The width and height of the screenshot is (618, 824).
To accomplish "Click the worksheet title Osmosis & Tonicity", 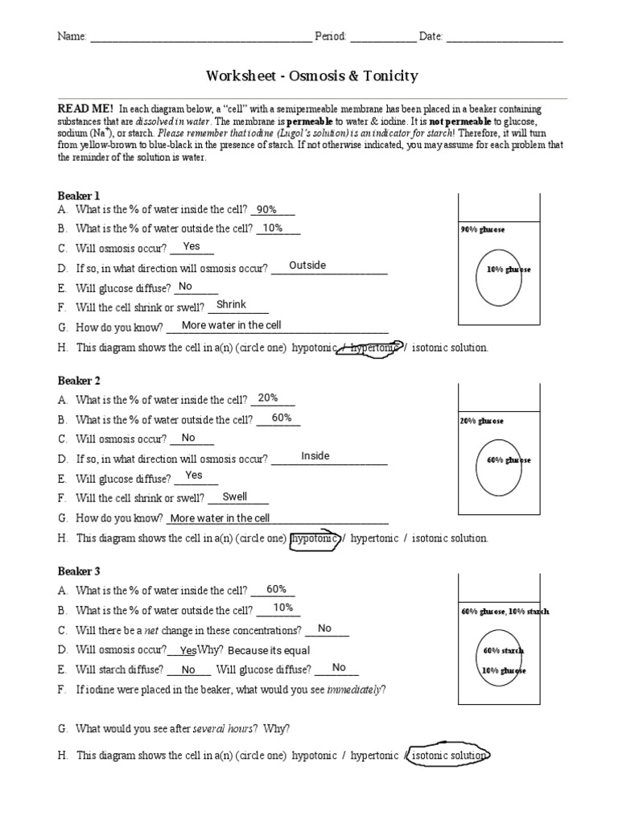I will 312,76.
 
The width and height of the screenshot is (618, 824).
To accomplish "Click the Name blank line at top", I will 200,37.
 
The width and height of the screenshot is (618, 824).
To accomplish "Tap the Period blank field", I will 383,37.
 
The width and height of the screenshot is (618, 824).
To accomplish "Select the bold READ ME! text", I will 85,109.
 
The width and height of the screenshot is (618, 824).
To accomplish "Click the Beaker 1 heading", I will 79,196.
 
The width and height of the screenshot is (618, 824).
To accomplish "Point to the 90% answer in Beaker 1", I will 266,209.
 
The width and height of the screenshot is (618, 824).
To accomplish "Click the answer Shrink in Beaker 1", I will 232,305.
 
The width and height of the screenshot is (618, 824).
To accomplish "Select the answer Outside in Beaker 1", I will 307,266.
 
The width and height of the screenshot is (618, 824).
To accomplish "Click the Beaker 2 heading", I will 79,381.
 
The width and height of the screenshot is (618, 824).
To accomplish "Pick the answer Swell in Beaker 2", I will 234,496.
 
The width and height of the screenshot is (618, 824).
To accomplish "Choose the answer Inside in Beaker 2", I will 315,456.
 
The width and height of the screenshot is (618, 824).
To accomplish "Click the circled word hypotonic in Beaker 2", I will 315,538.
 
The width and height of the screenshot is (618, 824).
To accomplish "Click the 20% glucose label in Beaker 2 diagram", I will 482,421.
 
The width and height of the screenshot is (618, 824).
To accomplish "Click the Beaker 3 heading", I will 79,571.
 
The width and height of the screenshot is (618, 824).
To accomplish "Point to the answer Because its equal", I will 269,650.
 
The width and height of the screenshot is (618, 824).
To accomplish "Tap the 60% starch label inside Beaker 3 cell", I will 504,650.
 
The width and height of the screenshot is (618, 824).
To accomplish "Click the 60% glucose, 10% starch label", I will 505,612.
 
